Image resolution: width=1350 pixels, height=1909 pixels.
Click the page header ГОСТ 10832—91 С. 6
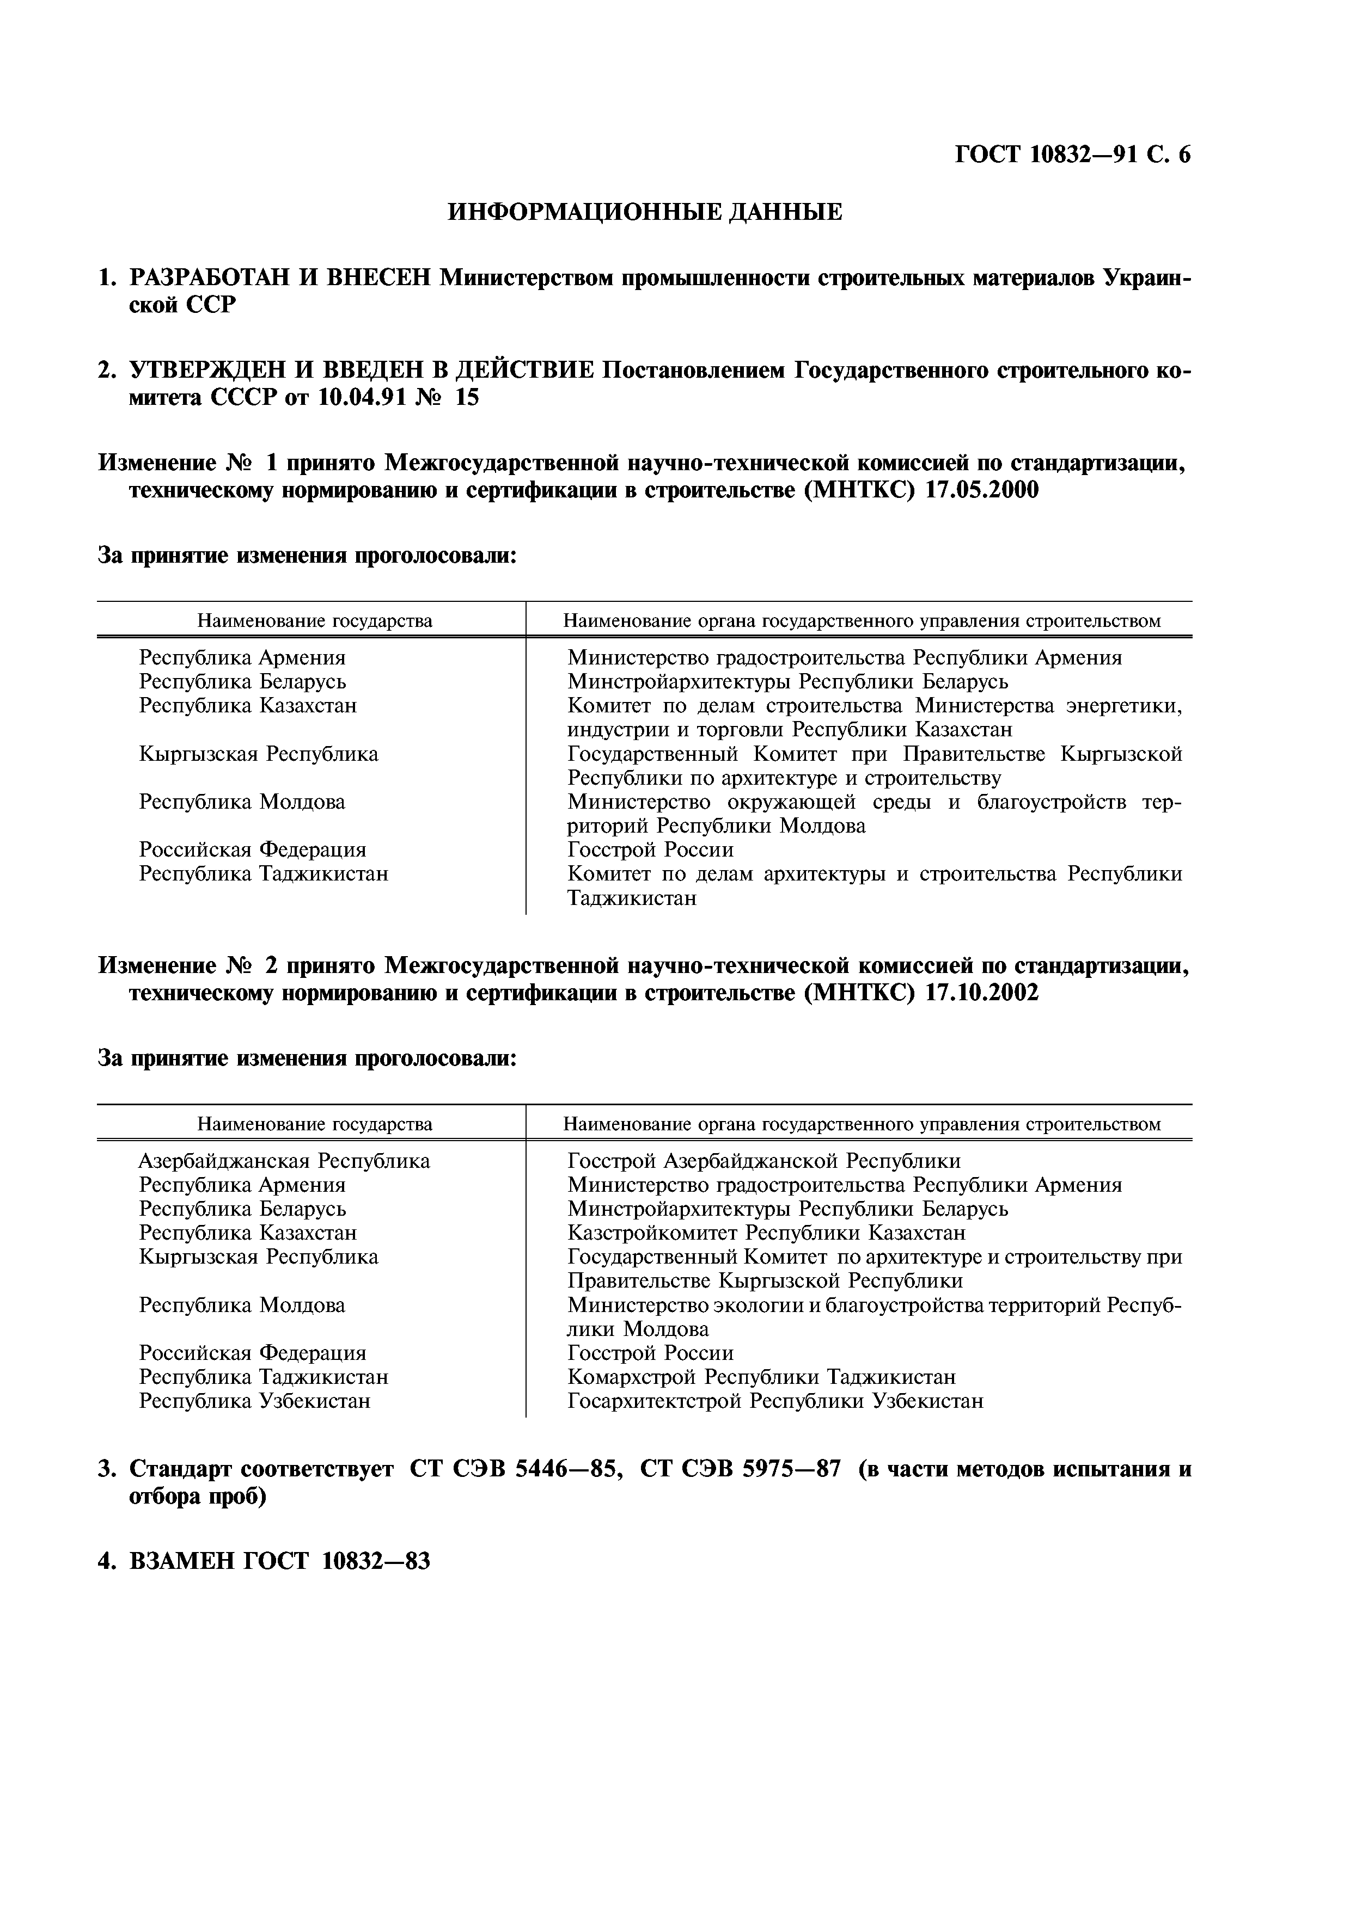tap(1072, 155)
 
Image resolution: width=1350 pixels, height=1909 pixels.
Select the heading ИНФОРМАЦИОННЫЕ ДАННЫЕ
tap(645, 213)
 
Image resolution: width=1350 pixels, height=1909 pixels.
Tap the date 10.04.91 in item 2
tap(360, 398)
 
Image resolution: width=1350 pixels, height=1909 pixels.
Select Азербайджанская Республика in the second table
tap(284, 1161)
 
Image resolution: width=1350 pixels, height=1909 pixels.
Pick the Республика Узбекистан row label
tap(254, 1401)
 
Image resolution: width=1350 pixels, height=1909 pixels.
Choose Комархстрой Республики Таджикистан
tap(761, 1377)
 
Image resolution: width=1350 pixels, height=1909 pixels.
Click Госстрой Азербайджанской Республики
tap(763, 1161)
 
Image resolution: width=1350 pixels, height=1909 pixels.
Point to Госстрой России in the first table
tap(650, 849)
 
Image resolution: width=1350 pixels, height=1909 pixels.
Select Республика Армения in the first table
tap(242, 658)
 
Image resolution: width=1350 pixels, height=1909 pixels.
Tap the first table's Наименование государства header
tap(314, 621)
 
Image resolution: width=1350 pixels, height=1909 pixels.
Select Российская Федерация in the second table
tap(252, 1353)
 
